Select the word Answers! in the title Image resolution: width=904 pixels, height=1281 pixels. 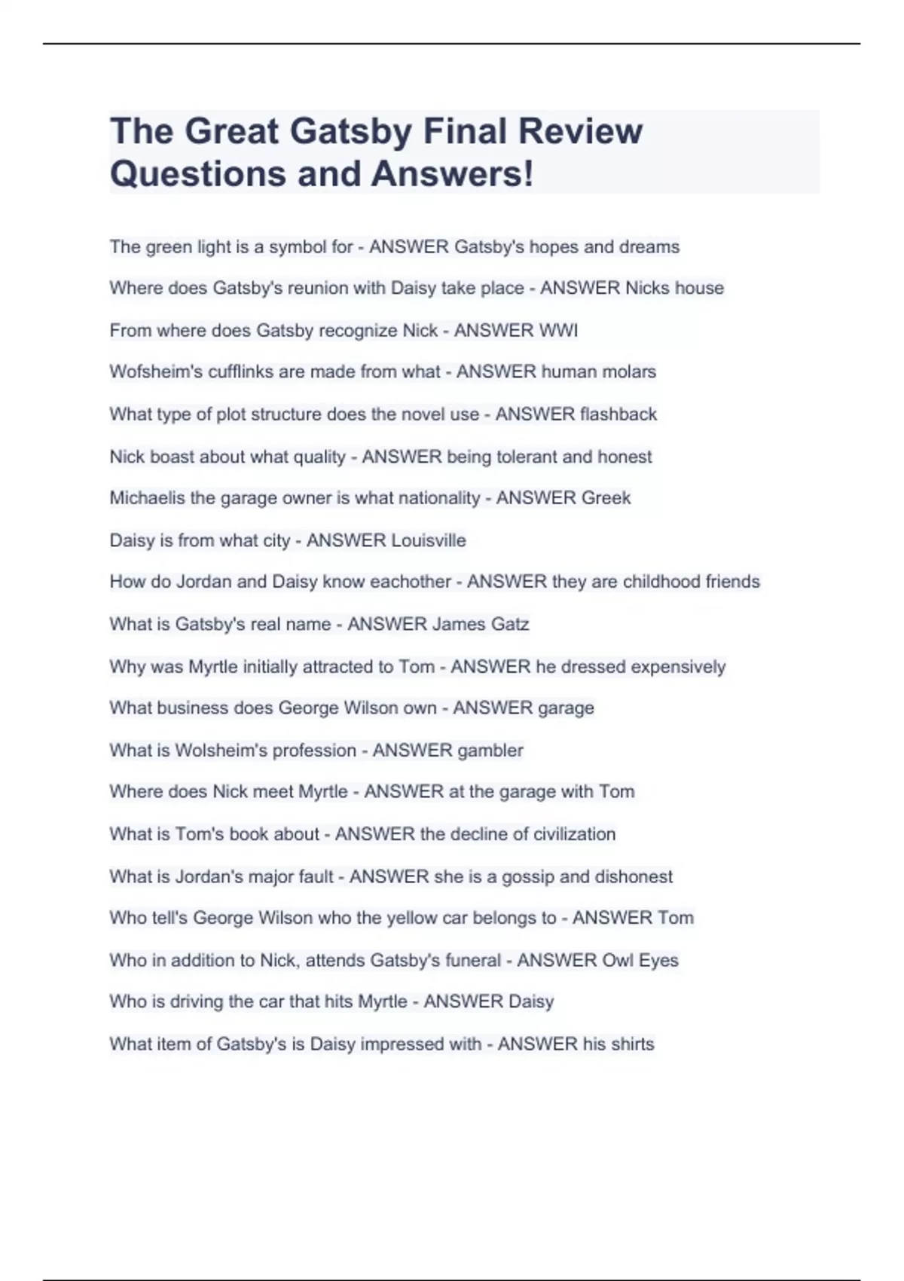[x=452, y=174]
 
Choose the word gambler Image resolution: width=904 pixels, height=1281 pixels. [x=490, y=750]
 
